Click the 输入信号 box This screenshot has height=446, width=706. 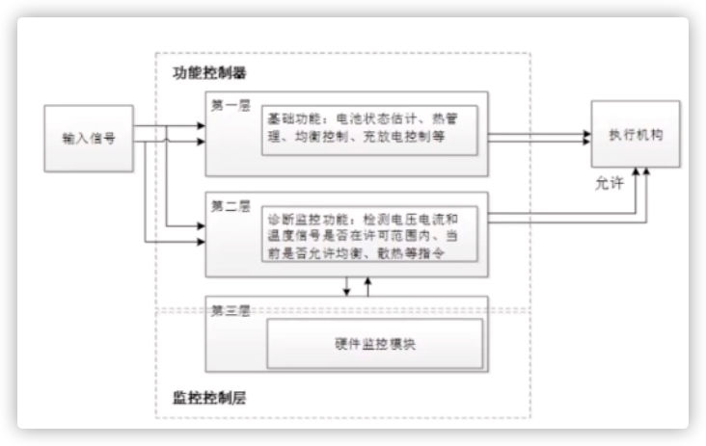click(89, 138)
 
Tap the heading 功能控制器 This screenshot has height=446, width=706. click(209, 73)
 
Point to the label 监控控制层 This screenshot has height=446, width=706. click(209, 396)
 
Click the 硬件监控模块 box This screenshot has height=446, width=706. click(374, 343)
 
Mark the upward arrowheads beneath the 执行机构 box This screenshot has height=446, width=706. click(641, 173)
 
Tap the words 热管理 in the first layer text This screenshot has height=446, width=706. click(448, 119)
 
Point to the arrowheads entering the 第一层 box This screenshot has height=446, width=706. click(200, 135)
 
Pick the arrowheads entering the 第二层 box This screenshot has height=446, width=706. click(200, 231)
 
